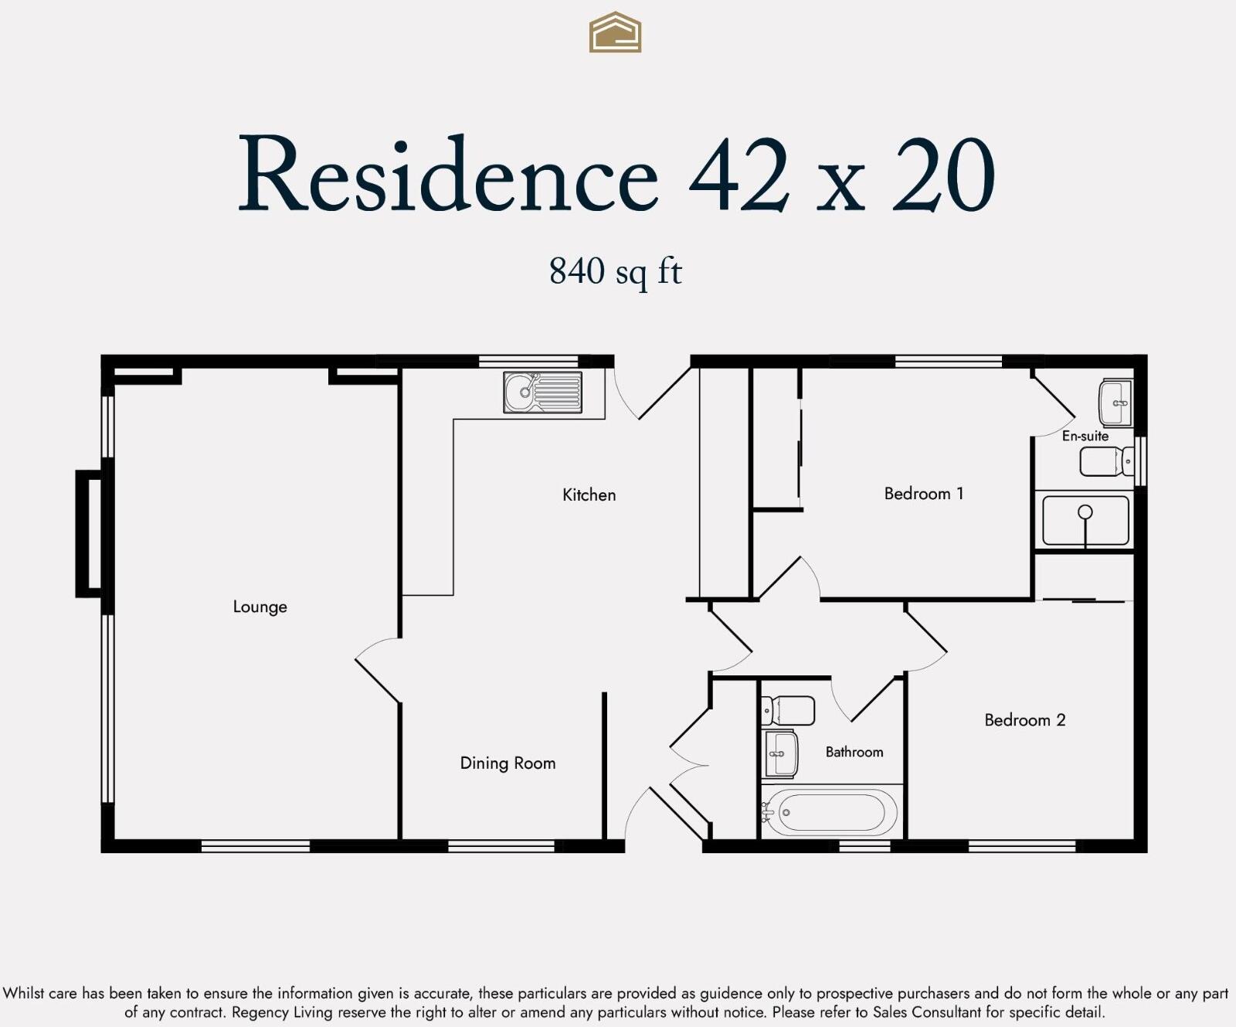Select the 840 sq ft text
pyautogui.click(x=615, y=271)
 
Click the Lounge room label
pyautogui.click(x=260, y=607)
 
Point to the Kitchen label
pyautogui.click(x=589, y=495)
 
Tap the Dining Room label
pyautogui.click(x=508, y=763)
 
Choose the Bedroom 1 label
pyautogui.click(x=923, y=493)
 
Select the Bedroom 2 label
pyautogui.click(x=1024, y=720)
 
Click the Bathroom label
pyautogui.click(x=854, y=752)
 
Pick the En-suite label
pyautogui.click(x=1085, y=436)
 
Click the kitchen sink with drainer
pyautogui.click(x=542, y=392)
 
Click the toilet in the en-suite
pyautogui.click(x=1106, y=462)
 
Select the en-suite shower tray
pyautogui.click(x=1085, y=522)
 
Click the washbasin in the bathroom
pyautogui.click(x=779, y=753)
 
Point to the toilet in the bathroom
pyautogui.click(x=788, y=710)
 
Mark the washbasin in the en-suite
pyautogui.click(x=1115, y=403)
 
